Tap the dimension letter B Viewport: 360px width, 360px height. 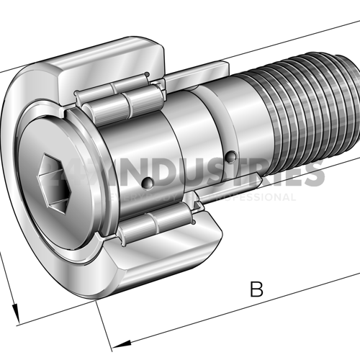point(256,290)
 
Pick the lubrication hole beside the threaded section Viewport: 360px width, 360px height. point(230,156)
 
